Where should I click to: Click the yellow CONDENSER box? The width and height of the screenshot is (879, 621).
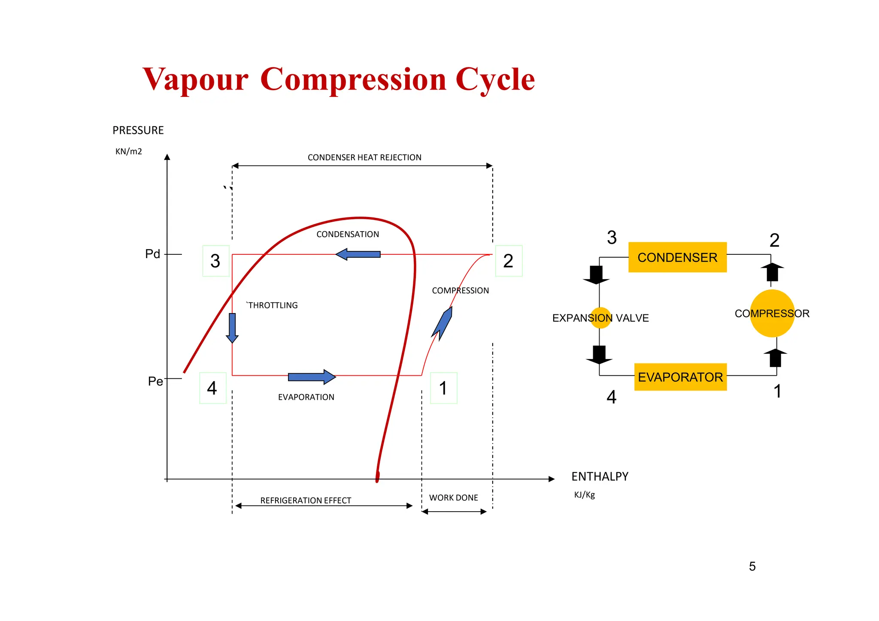[677, 257]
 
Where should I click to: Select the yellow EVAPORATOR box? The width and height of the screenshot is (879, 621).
[680, 377]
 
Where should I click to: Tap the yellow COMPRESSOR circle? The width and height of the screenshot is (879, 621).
[772, 314]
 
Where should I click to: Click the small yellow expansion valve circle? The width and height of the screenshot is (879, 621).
[600, 318]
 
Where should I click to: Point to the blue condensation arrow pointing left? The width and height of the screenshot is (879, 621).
[358, 254]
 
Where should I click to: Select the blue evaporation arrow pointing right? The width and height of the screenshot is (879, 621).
[312, 377]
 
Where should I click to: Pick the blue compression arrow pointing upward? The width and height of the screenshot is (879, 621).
[443, 324]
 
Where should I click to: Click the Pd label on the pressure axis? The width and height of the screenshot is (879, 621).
[152, 254]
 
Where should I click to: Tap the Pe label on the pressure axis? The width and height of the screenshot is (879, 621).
[155, 381]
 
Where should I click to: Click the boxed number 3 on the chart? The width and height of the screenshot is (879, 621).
[215, 261]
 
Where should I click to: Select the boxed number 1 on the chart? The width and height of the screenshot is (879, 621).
[443, 388]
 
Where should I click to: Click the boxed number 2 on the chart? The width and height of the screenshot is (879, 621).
[508, 261]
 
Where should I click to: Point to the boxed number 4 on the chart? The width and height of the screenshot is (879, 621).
[212, 388]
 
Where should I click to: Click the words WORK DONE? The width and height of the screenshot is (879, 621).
[453, 497]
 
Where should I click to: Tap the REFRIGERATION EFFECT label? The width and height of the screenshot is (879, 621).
[306, 500]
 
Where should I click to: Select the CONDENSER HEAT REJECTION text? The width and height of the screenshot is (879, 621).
[364, 157]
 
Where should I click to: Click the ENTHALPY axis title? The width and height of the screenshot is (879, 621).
[600, 476]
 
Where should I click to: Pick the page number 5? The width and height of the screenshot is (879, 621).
[752, 567]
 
